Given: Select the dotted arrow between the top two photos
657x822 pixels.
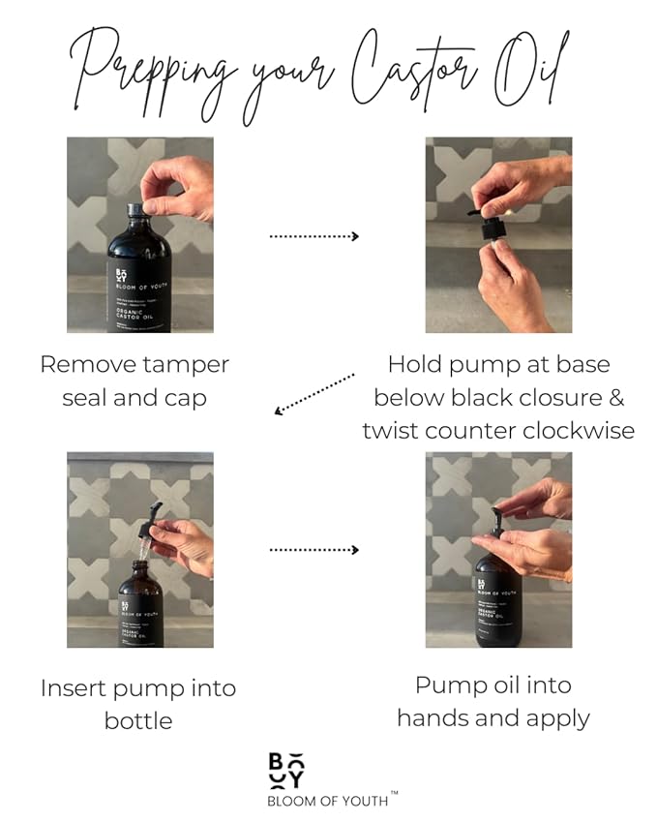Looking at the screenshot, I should (314, 236).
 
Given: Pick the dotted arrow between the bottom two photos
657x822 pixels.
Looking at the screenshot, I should (314, 550).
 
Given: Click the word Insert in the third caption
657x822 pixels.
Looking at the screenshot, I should (75, 688).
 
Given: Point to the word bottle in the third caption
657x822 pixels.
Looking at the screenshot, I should (138, 721).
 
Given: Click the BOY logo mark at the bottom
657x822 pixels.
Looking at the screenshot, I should (286, 771).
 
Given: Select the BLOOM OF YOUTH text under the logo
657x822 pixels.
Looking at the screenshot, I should (327, 802).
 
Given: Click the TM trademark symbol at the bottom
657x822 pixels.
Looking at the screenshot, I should (394, 793).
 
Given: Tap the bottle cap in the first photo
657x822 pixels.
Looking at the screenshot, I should (134, 210).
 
